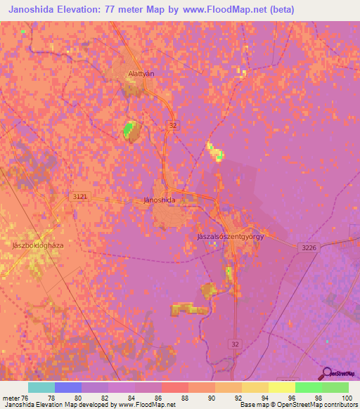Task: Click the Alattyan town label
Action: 141,73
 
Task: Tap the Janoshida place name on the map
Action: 159,200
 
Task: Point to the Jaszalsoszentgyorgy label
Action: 231,237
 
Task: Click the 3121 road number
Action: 79,197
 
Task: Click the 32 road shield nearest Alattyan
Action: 173,125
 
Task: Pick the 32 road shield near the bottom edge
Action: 234,343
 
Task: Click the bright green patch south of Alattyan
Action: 129,130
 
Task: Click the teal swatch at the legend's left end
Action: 41,387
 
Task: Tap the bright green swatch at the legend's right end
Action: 335,387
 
